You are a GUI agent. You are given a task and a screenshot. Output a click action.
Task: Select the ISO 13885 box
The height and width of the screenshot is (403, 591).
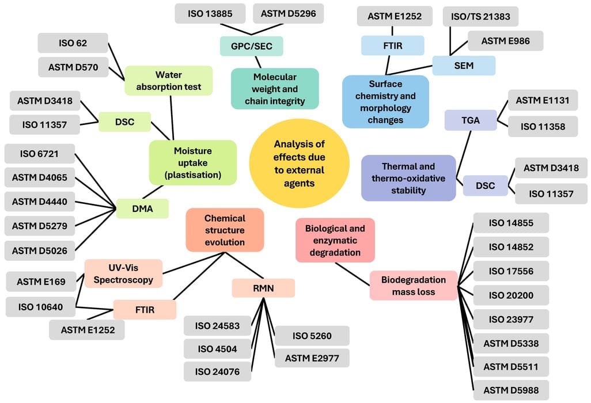coord(210,13)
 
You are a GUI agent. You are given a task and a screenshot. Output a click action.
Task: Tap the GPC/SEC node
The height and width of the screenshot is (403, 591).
coord(251,46)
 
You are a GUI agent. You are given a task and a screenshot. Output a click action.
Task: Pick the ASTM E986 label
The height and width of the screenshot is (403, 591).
coord(506,41)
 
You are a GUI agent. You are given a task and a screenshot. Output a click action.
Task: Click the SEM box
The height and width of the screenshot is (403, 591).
coord(464,66)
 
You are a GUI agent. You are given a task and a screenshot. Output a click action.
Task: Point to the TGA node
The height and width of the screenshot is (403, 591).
coord(470,120)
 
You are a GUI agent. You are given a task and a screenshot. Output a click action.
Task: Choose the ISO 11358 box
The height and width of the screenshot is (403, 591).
coord(543,126)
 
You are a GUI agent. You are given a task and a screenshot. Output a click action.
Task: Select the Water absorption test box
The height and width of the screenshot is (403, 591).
coord(168,81)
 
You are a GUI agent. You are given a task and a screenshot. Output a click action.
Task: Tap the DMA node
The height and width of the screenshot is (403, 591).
coord(142,208)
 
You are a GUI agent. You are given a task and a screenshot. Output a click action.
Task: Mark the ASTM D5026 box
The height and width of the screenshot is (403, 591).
coord(40,250)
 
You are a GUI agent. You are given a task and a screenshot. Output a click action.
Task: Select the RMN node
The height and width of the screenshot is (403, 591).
coord(263,288)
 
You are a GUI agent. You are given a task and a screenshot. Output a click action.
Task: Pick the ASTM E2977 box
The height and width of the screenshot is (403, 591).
coord(312,358)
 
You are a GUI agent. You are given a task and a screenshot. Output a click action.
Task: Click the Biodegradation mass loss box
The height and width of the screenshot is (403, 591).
coord(413,286)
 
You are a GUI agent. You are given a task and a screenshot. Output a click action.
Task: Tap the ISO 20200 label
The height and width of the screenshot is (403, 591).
coord(511,295)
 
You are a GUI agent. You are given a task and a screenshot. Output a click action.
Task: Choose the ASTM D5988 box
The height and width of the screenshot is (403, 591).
coord(511,390)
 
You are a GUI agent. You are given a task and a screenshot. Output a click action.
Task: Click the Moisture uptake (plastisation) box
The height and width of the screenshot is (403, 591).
coord(192,162)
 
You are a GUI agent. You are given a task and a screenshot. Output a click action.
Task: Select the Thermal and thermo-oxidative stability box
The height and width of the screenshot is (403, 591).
coord(408,178)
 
